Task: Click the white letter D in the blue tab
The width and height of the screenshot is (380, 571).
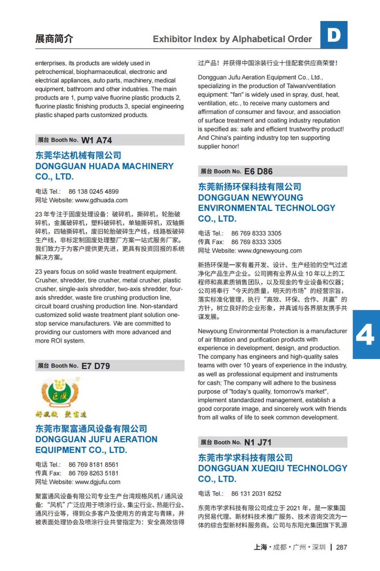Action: [x=334, y=35]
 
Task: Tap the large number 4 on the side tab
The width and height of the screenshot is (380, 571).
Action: [x=365, y=334]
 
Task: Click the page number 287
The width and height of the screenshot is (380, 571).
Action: [x=342, y=547]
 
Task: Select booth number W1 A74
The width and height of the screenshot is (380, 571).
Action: [x=97, y=140]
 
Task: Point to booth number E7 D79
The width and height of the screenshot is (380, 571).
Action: [x=96, y=366]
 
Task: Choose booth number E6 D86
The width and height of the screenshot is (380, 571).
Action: [x=258, y=172]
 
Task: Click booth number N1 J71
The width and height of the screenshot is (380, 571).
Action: [x=258, y=443]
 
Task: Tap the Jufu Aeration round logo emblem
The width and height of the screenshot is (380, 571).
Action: [x=60, y=393]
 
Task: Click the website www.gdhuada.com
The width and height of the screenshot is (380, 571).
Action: [x=101, y=200]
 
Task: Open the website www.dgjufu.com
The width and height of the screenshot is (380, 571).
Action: [x=98, y=482]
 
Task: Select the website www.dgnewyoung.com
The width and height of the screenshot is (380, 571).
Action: [x=269, y=251]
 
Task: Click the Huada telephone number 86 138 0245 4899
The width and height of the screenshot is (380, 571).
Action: [x=93, y=192]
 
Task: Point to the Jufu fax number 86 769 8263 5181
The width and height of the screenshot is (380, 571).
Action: [x=93, y=473]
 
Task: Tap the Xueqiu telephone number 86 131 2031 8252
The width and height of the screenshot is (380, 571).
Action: [x=256, y=494]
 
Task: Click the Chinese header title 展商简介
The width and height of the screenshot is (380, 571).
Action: [x=54, y=39]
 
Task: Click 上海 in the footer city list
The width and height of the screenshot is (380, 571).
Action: [x=260, y=547]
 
